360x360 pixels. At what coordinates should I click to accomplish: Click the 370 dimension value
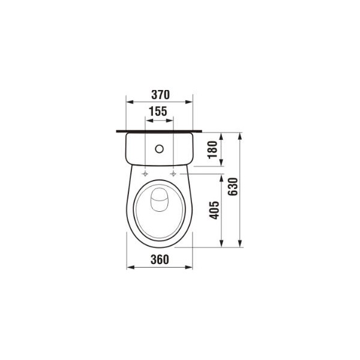160,95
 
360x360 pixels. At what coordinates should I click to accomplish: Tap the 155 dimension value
158,112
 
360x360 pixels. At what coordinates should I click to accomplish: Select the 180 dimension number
212,149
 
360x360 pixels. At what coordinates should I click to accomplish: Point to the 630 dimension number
233,187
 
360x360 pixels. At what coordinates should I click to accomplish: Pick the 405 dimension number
214,210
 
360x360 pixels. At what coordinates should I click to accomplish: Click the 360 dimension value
160,259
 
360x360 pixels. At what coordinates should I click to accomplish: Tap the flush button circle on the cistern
160,149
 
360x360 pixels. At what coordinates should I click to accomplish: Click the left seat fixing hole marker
145,174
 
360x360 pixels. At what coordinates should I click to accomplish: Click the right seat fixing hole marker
173,174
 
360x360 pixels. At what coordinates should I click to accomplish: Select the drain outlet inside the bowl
159,200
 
